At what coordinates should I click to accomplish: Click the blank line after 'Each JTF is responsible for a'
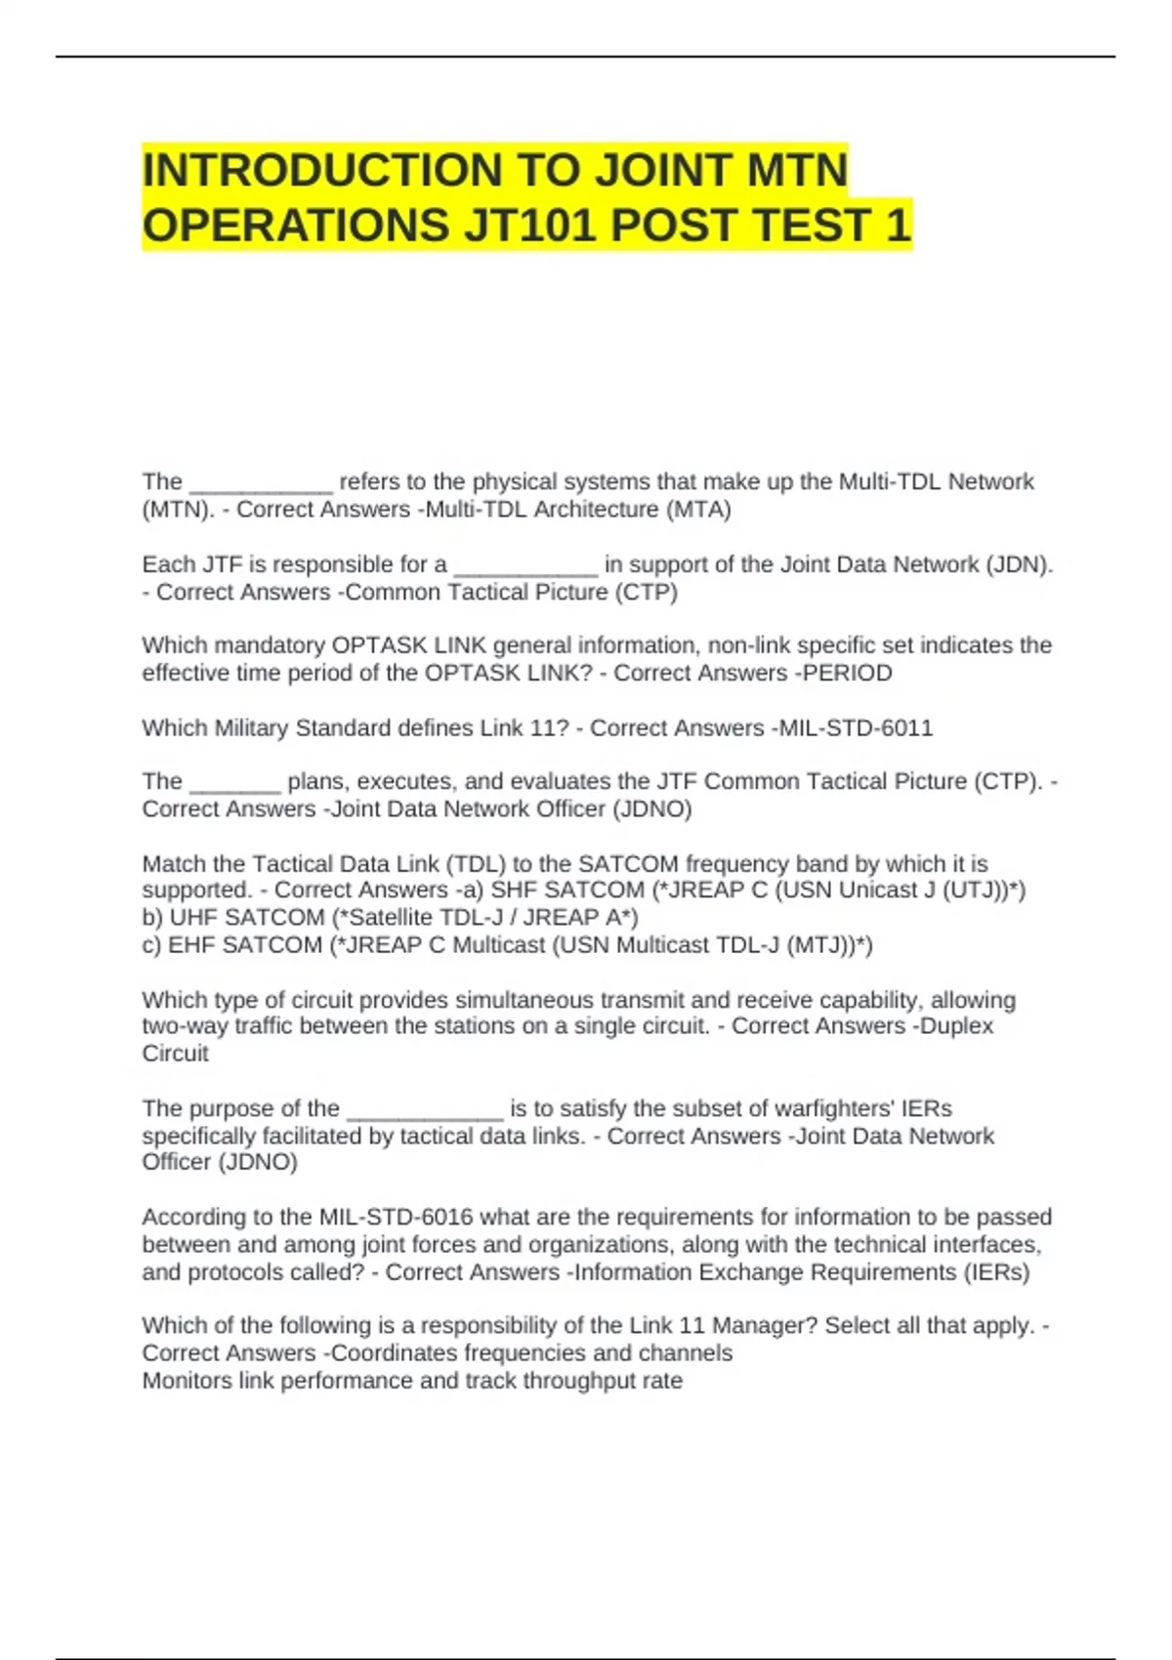(525, 569)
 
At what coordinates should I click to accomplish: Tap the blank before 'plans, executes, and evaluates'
(235, 786)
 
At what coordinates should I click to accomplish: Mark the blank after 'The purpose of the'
(425, 1113)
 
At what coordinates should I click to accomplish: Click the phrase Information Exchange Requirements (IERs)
(801, 1272)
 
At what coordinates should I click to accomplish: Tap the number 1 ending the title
(898, 226)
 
